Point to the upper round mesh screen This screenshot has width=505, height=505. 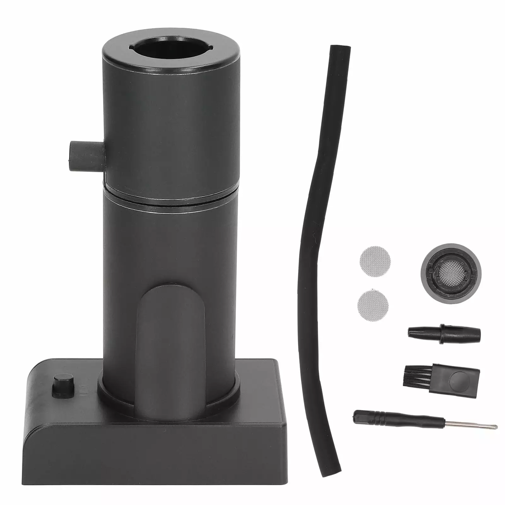click(375, 261)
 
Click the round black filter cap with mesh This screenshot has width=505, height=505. click(451, 274)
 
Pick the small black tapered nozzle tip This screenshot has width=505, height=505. click(444, 333)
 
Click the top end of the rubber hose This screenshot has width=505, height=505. click(340, 50)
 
